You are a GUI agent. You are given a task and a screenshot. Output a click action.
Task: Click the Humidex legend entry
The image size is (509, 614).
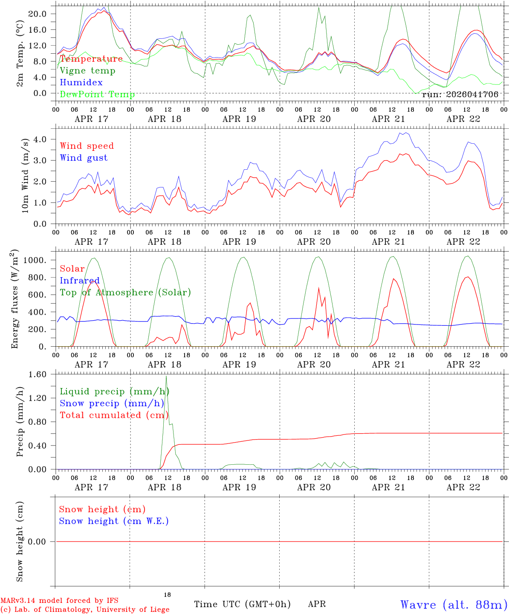(81, 82)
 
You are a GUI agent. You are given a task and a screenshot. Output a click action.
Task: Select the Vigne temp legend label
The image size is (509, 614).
(87, 71)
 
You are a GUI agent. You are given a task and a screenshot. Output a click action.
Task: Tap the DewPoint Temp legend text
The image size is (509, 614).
(97, 94)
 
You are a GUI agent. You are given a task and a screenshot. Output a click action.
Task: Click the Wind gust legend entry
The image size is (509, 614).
(84, 158)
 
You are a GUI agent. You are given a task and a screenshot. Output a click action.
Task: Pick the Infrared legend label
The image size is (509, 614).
(80, 281)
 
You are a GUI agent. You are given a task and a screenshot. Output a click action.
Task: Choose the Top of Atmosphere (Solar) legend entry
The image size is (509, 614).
(125, 293)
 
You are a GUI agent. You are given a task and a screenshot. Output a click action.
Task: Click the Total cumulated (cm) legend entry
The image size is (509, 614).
(114, 415)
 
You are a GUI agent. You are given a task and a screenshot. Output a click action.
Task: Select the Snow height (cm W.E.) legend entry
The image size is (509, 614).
(114, 521)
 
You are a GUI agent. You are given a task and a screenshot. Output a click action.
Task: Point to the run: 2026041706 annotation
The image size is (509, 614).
(460, 94)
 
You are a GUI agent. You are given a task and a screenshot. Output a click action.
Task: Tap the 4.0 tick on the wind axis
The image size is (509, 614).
(40, 139)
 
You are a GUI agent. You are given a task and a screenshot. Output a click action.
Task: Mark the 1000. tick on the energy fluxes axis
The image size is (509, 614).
(36, 261)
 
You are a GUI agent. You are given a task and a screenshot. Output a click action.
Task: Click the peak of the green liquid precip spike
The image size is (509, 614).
(166, 376)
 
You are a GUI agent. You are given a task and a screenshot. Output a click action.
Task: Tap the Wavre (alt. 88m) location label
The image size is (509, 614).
(454, 604)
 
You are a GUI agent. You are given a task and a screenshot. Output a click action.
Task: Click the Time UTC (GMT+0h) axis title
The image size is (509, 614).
(242, 604)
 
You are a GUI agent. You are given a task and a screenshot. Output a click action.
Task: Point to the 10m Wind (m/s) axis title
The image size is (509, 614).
(26, 175)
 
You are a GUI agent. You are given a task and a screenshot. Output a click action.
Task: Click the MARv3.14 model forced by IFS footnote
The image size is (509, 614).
(59, 600)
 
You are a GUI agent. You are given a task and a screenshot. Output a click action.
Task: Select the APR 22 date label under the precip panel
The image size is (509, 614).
(463, 487)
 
